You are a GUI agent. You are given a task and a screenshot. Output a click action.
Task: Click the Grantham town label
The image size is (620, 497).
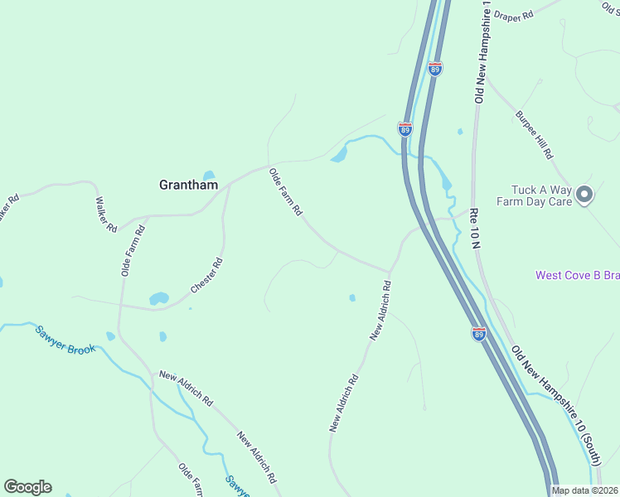click(x=188, y=186)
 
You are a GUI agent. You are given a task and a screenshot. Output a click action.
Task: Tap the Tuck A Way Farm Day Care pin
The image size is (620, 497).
click(x=584, y=195)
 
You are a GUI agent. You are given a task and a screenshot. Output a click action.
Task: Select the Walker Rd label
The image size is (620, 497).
click(x=106, y=214)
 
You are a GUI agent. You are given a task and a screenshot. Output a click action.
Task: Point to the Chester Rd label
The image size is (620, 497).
click(x=207, y=276)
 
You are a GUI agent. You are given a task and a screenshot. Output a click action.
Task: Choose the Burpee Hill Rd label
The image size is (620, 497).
click(x=534, y=135)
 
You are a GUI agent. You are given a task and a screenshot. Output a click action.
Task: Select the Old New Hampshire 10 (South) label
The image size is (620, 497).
click(x=555, y=393)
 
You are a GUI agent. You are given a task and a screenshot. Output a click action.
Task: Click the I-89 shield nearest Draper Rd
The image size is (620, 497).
click(x=435, y=69)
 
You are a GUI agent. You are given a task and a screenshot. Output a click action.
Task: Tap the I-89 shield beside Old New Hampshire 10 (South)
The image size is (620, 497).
click(x=479, y=334)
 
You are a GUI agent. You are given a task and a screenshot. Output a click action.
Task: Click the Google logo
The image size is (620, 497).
click(x=27, y=487)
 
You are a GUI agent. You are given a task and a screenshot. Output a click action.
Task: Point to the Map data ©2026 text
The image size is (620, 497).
click(x=585, y=490)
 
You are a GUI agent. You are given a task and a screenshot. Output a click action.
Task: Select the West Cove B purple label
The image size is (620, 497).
click(x=577, y=275)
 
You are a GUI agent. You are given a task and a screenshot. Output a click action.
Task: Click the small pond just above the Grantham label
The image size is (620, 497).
click(x=208, y=175)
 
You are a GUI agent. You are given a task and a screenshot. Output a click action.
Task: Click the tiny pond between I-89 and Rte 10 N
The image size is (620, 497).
click(x=459, y=131)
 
